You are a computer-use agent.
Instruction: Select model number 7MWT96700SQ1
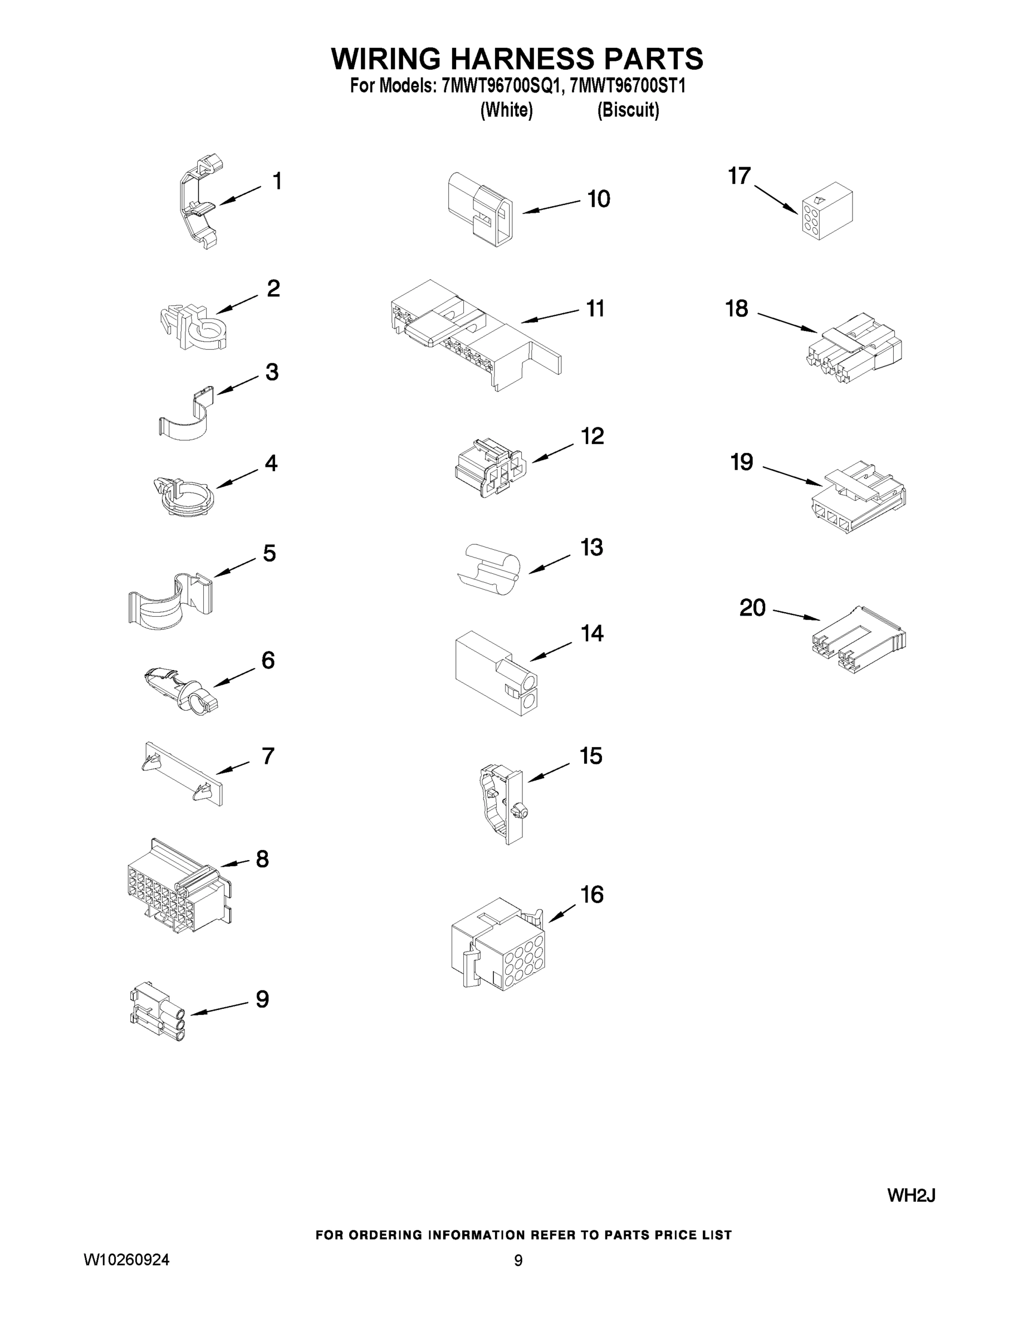[501, 86]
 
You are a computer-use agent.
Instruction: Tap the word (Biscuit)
[628, 110]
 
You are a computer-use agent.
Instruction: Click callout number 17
[740, 175]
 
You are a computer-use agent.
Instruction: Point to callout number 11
[595, 309]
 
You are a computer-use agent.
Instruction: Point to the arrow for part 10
[551, 207]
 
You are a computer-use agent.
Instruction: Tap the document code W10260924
[126, 1259]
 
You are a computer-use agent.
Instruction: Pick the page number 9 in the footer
[518, 1260]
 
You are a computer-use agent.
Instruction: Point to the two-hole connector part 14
[496, 674]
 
